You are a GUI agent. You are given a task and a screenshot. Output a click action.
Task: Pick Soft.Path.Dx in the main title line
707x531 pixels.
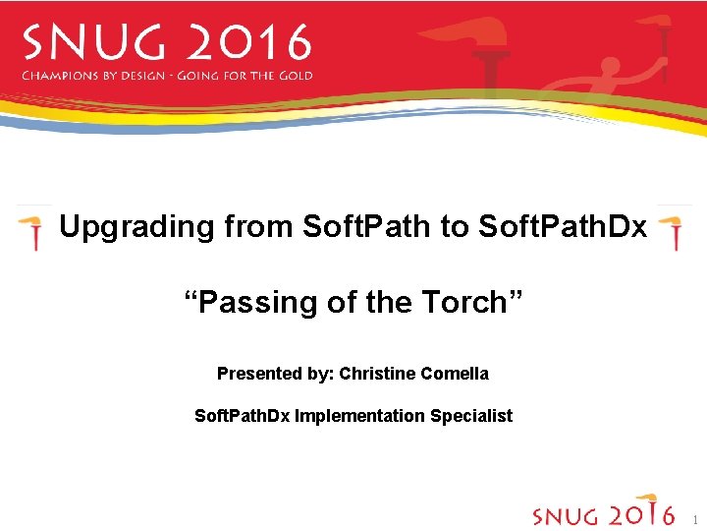pos(562,227)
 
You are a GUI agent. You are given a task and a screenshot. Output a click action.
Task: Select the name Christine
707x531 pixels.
pos(377,374)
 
